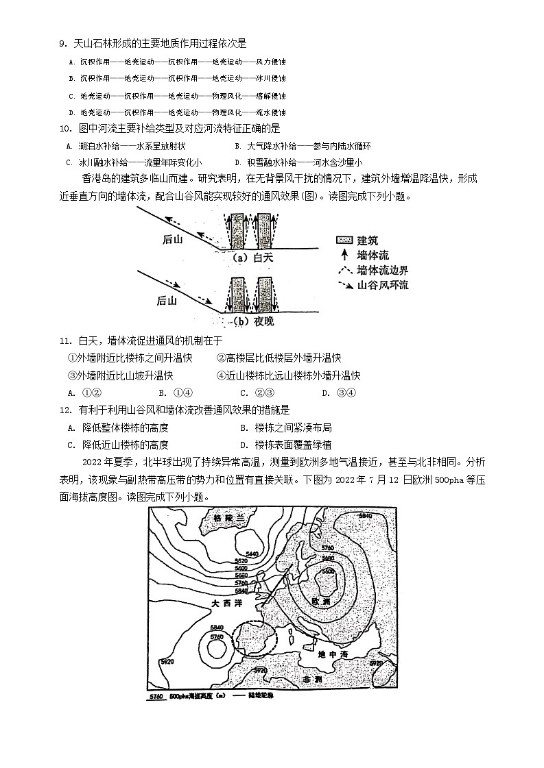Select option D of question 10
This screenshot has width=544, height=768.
click(298, 162)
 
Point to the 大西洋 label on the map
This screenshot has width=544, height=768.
click(225, 604)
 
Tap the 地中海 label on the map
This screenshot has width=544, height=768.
click(333, 654)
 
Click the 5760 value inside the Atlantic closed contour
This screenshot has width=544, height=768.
click(217, 637)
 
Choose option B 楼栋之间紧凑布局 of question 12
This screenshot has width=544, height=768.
click(287, 428)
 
